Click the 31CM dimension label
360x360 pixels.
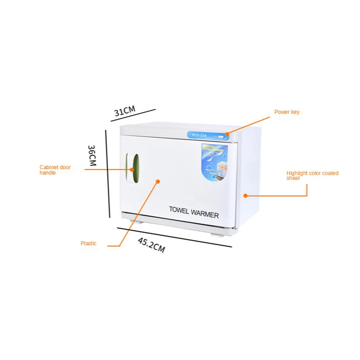[124, 110]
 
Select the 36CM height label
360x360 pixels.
[92, 155]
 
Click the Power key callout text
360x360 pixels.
[287, 112]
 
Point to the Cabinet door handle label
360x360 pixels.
[55, 170]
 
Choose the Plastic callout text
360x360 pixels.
[88, 243]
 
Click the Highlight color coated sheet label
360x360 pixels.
[312, 175]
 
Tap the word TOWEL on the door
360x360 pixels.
[182, 209]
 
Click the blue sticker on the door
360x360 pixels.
[215, 161]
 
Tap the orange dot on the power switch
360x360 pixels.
[227, 134]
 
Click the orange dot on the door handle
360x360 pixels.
[132, 170]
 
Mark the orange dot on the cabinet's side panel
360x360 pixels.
[246, 196]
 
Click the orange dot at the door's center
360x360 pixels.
[158, 181]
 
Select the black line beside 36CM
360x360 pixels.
[108, 173]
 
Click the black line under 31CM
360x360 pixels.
[133, 115]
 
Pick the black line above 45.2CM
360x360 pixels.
[174, 237]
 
